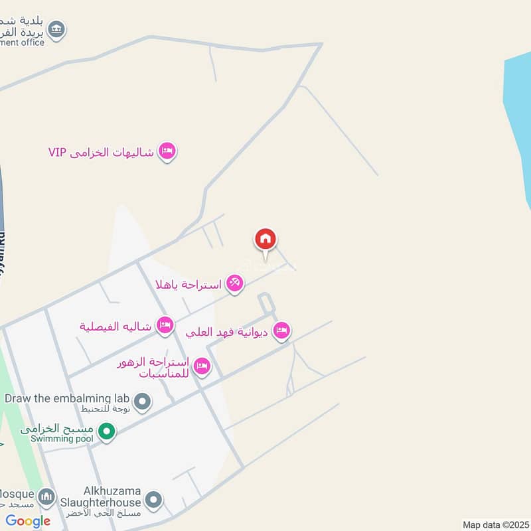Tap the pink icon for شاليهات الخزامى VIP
point(167,152)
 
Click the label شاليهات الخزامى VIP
point(101,152)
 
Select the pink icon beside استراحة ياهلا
point(234,284)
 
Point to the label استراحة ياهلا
point(188,285)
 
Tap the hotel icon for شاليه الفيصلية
point(165,325)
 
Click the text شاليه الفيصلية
point(116,326)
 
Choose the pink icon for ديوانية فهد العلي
point(281,331)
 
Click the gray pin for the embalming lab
point(141,401)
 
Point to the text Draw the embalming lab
point(66,398)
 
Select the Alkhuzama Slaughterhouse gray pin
point(153,499)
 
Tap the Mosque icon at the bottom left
point(46,496)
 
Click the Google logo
point(28,521)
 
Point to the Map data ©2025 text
point(495,525)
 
